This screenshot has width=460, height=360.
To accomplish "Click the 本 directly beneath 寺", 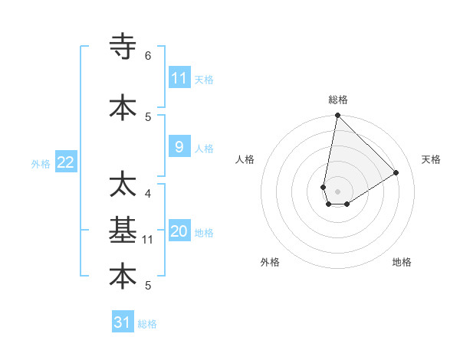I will (x=123, y=107).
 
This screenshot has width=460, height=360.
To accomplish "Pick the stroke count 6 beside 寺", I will (x=148, y=56).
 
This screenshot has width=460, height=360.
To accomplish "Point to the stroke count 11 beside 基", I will (x=148, y=240).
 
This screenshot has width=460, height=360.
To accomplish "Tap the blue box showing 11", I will (x=179, y=78).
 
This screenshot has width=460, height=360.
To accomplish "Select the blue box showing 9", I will (x=179, y=147).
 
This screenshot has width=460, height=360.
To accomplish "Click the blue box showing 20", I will (x=179, y=231).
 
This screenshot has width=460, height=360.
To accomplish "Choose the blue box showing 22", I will (x=66, y=162).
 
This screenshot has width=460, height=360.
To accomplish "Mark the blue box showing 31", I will (x=123, y=322).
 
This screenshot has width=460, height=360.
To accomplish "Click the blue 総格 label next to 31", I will (x=147, y=324).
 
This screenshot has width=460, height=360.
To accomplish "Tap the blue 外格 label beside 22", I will (x=41, y=163).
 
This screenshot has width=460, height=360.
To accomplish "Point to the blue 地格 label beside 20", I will (x=204, y=233).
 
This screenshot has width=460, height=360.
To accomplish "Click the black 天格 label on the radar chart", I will (x=431, y=159).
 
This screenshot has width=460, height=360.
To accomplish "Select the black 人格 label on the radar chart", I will (x=245, y=159).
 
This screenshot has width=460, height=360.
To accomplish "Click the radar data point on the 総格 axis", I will (x=337, y=116).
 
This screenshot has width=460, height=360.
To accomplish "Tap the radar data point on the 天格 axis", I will (x=396, y=173).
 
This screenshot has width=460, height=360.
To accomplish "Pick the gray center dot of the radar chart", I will (x=337, y=191).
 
